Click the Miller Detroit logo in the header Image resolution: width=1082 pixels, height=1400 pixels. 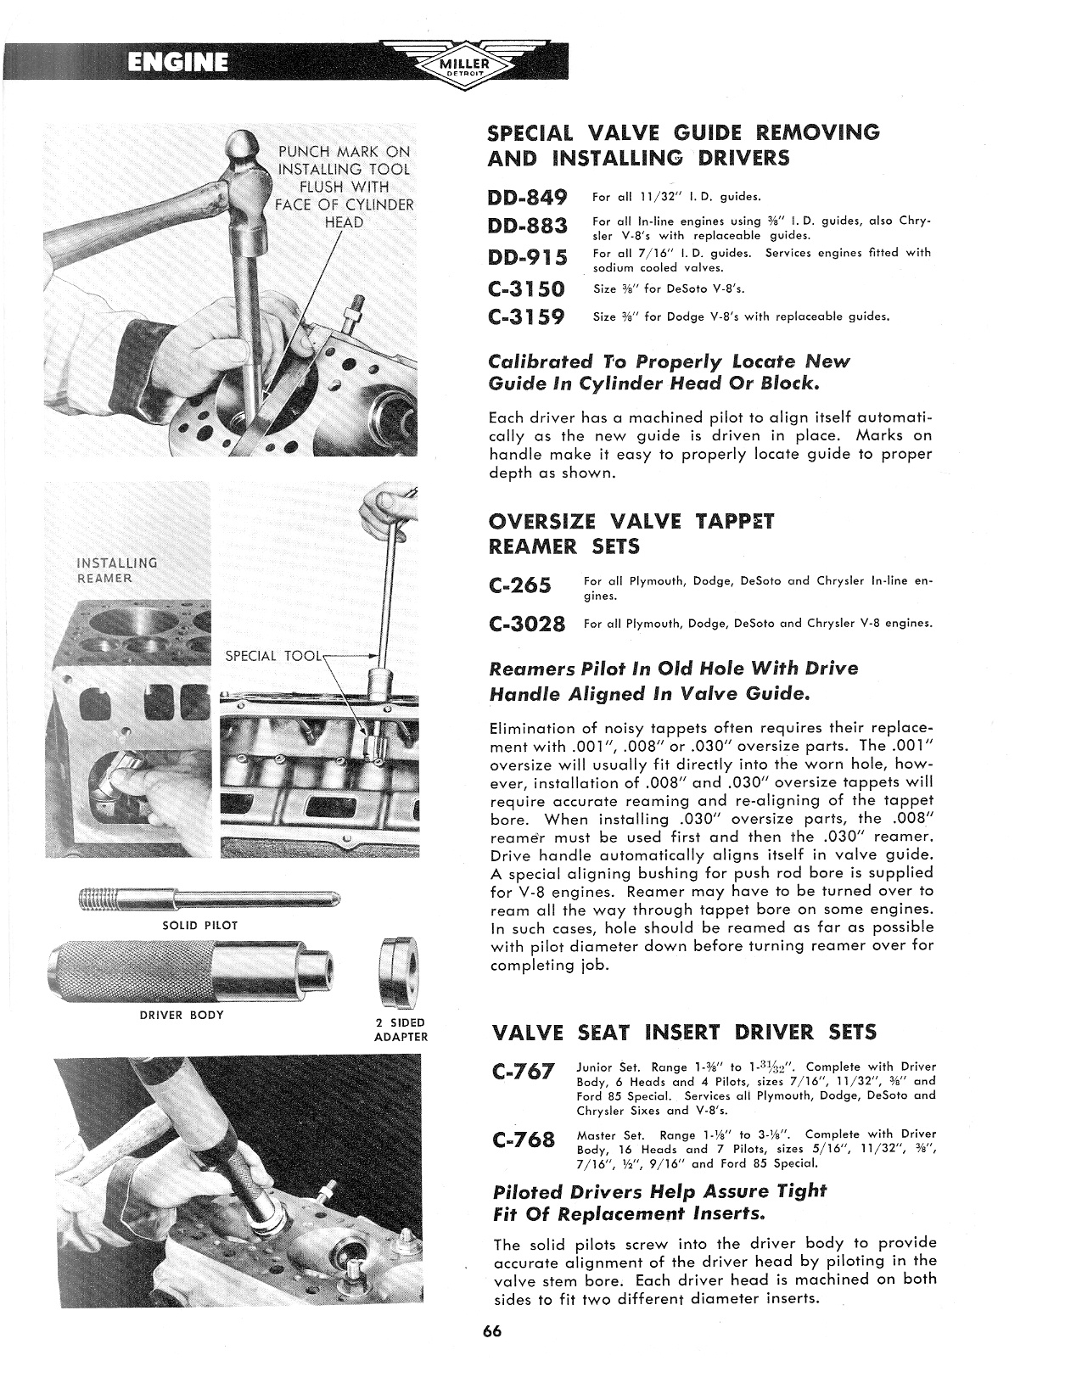pyautogui.click(x=462, y=64)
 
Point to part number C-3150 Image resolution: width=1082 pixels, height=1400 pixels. pyautogui.click(x=527, y=288)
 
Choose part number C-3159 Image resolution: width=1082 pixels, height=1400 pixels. pyautogui.click(x=527, y=317)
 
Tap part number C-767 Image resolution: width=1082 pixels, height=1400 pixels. pyautogui.click(x=524, y=1072)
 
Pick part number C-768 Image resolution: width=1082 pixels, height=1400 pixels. pyautogui.click(x=524, y=1140)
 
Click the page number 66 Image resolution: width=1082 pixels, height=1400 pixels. pyautogui.click(x=493, y=1330)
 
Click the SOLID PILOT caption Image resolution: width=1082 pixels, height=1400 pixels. pyautogui.click(x=199, y=925)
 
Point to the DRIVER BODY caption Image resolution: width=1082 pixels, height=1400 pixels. pyautogui.click(x=181, y=1015)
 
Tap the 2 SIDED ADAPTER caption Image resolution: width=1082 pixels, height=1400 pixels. pyautogui.click(x=401, y=1029)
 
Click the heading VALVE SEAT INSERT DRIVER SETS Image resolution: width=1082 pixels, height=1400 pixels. pyautogui.click(x=684, y=1033)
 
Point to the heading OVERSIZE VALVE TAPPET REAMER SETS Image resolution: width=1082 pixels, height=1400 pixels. pyautogui.click(x=632, y=534)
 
